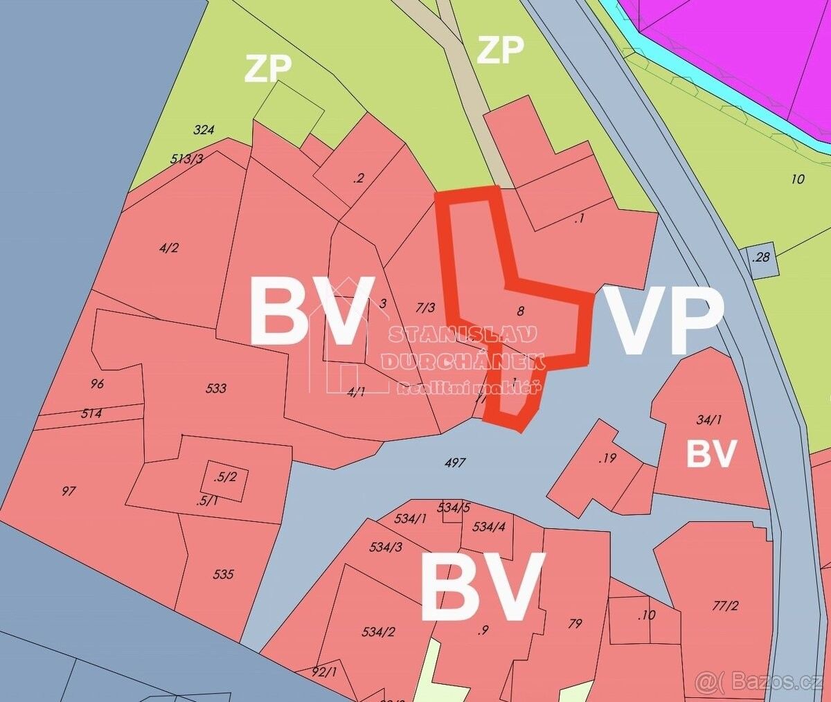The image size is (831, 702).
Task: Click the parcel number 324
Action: coord(204,129)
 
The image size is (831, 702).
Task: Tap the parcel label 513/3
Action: coord(186,159)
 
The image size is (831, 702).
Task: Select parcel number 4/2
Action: coord(168,248)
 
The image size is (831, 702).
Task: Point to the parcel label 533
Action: coord(216,388)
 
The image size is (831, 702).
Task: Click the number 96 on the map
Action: coord(97,384)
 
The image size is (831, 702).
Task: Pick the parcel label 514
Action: coord(91,413)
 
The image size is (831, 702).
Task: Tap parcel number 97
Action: coord(68,492)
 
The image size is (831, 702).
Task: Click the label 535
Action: coord(224,574)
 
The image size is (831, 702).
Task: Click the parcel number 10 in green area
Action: coord(797,179)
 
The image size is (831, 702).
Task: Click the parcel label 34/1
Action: coord(708,419)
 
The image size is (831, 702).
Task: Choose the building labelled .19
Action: coord(608,458)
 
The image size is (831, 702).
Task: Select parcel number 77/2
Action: coord(725,606)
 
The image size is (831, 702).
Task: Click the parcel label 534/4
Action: coord(489,527)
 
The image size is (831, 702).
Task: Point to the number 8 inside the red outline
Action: coord(520,311)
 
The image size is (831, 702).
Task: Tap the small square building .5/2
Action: coord(226,477)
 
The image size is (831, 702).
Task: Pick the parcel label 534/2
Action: coord(379,631)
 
